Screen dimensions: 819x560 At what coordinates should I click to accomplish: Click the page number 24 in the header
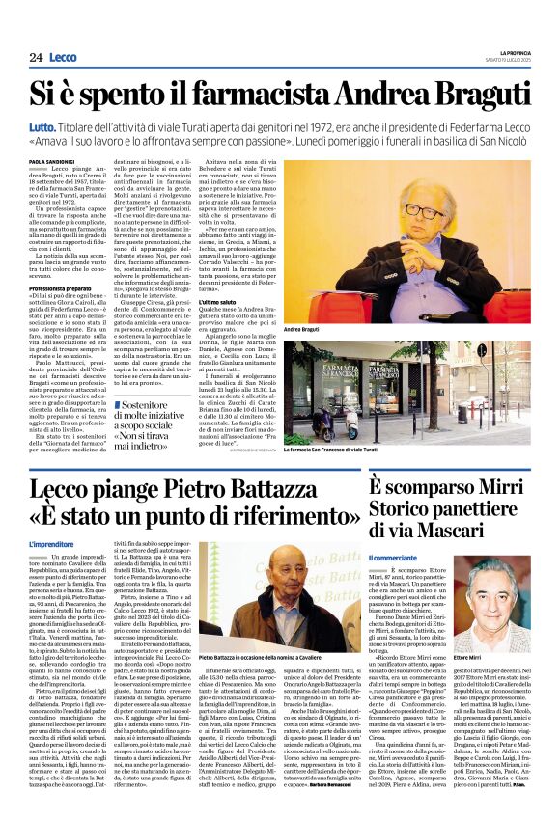click(36, 58)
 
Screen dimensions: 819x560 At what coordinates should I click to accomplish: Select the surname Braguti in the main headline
click(476, 93)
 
